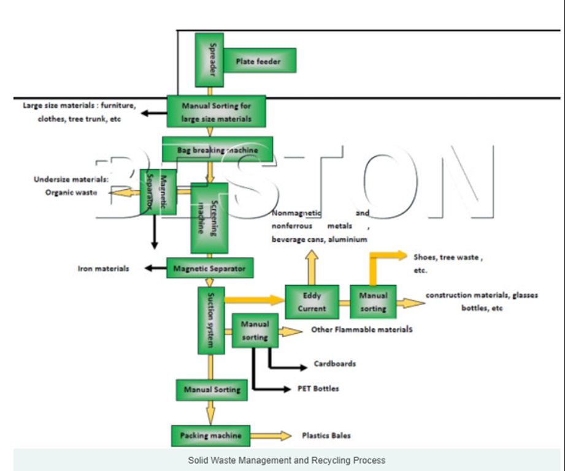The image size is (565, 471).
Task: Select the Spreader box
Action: (x=209, y=60)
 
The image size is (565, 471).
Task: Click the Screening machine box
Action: (x=210, y=217)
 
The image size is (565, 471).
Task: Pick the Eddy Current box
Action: (x=312, y=301)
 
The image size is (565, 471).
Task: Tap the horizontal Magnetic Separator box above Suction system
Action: (x=210, y=268)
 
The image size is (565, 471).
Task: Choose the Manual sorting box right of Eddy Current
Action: (x=373, y=301)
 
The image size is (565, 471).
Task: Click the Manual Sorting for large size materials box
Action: (x=216, y=111)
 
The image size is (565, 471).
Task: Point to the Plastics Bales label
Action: (x=326, y=436)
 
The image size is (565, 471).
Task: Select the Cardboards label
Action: (x=334, y=363)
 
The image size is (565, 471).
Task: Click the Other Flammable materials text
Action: (x=362, y=330)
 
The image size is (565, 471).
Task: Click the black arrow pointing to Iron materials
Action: (x=153, y=268)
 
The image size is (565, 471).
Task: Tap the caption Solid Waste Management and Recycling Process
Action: (x=286, y=460)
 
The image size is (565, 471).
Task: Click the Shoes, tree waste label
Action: (x=448, y=258)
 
